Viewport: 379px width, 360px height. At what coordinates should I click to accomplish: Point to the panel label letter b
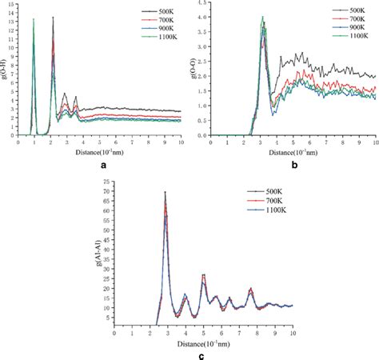tap(295, 165)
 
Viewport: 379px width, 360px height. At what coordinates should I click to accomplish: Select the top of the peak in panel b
tap(261, 17)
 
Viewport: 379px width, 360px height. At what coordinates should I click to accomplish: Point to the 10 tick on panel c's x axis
tap(293, 326)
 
